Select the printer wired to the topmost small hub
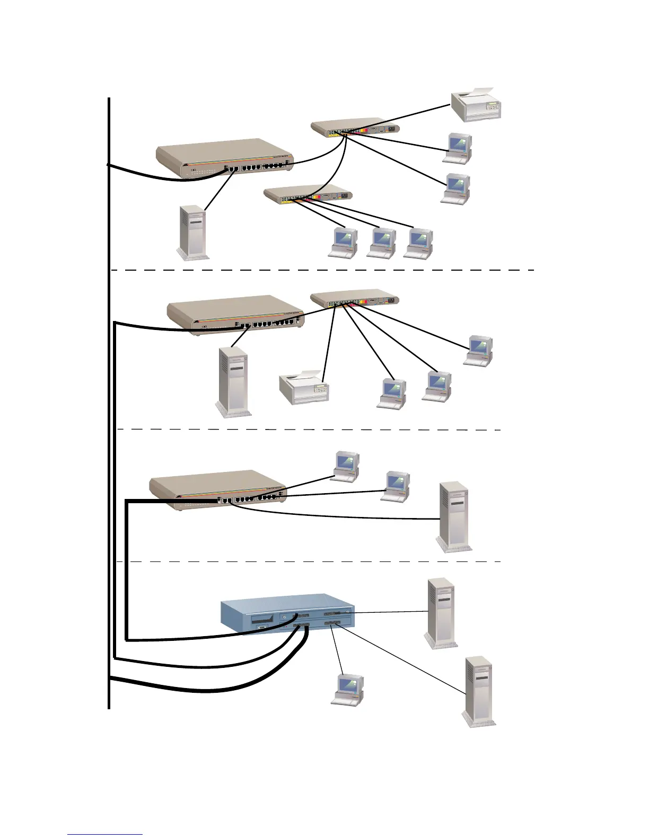(476, 104)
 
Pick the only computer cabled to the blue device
(348, 690)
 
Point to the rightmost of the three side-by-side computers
(418, 243)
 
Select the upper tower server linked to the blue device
(441, 612)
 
